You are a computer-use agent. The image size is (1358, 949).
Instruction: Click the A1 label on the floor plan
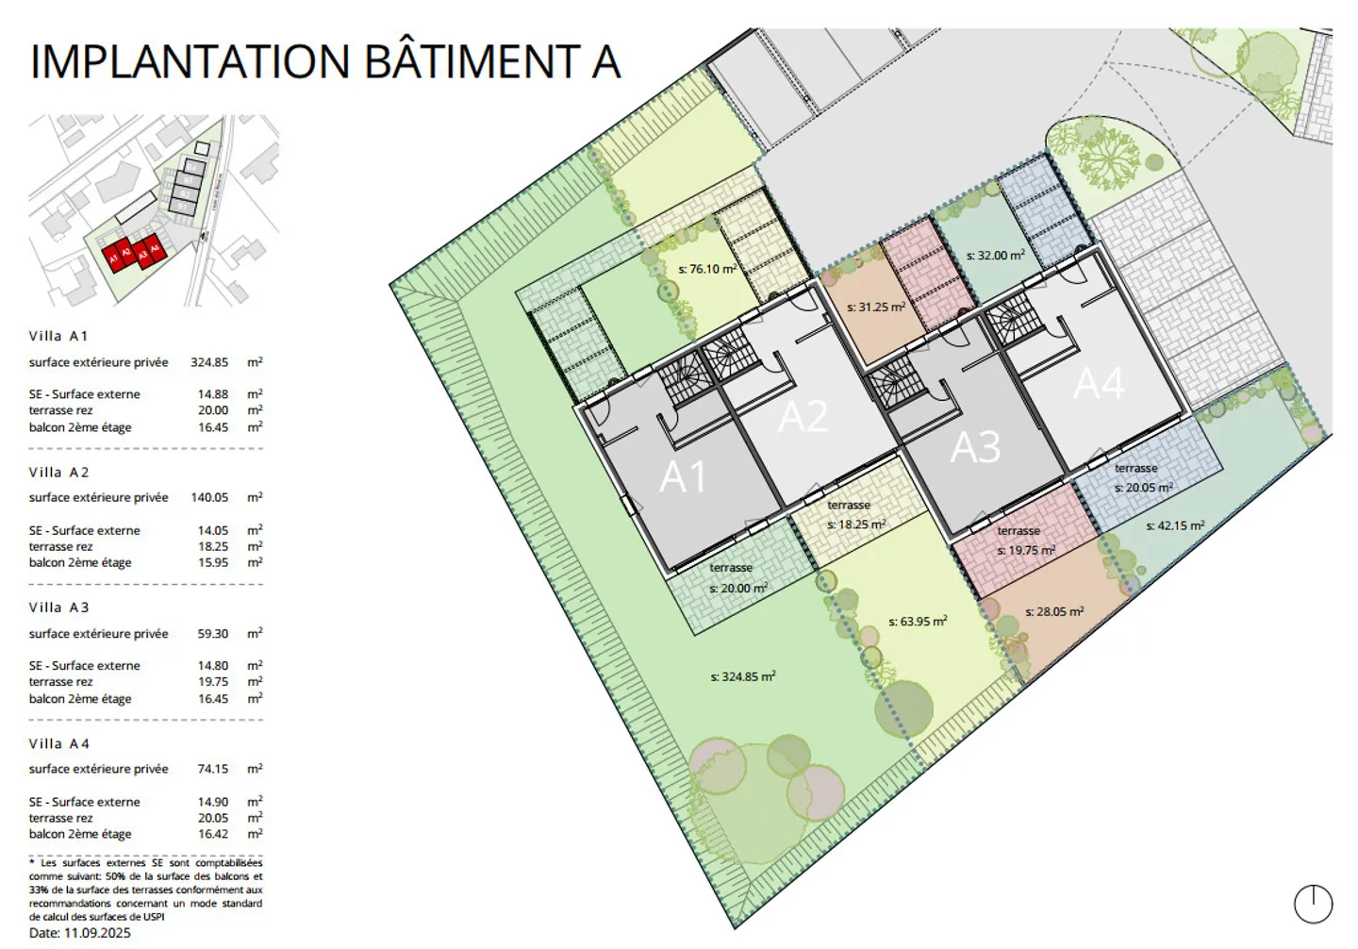point(683,477)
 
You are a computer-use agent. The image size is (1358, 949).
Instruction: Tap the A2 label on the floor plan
point(803,416)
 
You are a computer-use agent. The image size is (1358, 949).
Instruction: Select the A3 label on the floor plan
point(975,447)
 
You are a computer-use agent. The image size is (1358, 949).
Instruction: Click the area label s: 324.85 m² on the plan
point(743,676)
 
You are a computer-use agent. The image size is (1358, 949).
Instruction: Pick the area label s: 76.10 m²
point(707,269)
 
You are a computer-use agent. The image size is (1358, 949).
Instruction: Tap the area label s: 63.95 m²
point(918,622)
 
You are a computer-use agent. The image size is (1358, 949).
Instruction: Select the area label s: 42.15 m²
point(1175,525)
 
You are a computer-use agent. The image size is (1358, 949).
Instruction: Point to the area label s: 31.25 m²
point(876,307)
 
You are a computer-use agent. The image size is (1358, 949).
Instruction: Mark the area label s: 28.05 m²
point(1054,611)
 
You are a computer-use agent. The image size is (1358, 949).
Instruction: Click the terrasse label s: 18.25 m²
point(856,524)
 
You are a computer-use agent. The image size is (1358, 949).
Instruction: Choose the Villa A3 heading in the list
point(58,608)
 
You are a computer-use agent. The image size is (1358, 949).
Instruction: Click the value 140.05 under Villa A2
point(209,497)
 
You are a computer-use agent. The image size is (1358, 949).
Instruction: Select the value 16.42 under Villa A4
point(213,834)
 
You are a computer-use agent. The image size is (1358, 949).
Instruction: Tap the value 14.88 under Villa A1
point(213,394)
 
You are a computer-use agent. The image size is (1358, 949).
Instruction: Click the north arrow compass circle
point(1313,904)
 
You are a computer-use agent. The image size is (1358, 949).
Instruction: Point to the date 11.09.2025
point(97,933)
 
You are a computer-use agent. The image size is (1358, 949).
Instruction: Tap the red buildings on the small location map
point(133,254)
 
